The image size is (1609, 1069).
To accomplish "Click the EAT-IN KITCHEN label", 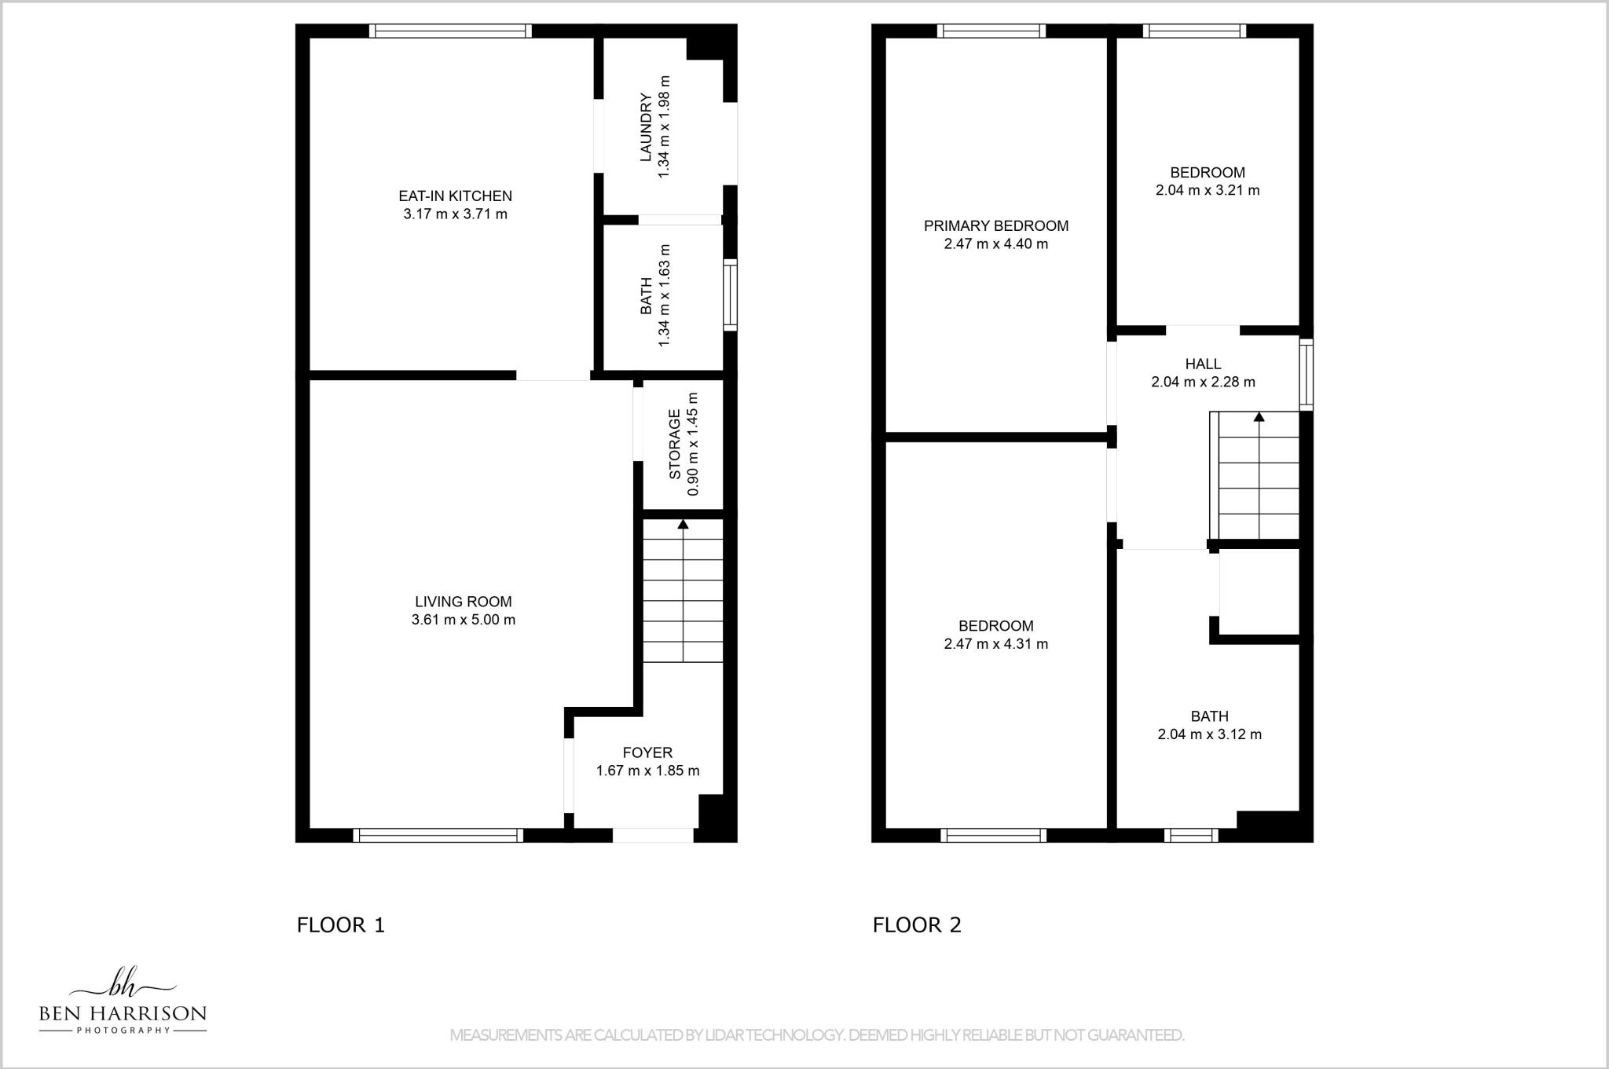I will [x=455, y=196].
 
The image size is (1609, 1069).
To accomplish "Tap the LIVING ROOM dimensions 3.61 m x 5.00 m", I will [x=463, y=620].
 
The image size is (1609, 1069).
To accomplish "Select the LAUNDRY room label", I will [x=646, y=126].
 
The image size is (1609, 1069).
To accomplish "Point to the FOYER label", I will [x=647, y=752].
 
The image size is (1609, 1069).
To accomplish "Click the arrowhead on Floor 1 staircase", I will [x=683, y=524].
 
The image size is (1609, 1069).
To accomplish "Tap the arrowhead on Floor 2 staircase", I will [x=1259, y=417].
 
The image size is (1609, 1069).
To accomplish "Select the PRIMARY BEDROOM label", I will [x=995, y=226].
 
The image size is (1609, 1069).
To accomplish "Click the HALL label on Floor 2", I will [x=1203, y=364].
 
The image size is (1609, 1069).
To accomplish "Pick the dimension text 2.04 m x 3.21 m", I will [x=1207, y=190].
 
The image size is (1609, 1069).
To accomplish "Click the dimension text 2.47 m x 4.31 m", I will [x=995, y=644].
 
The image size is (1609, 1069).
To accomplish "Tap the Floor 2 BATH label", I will [x=1209, y=716].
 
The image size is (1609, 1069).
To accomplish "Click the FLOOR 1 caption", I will [x=340, y=924].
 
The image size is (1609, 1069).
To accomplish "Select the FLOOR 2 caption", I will [x=917, y=924].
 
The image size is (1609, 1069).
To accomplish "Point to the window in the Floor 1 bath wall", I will [x=730, y=295].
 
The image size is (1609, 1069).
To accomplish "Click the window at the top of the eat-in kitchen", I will [x=450, y=31].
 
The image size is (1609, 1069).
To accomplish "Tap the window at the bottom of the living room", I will [x=438, y=836].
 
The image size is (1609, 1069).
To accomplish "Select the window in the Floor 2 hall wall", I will [x=1306, y=375].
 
